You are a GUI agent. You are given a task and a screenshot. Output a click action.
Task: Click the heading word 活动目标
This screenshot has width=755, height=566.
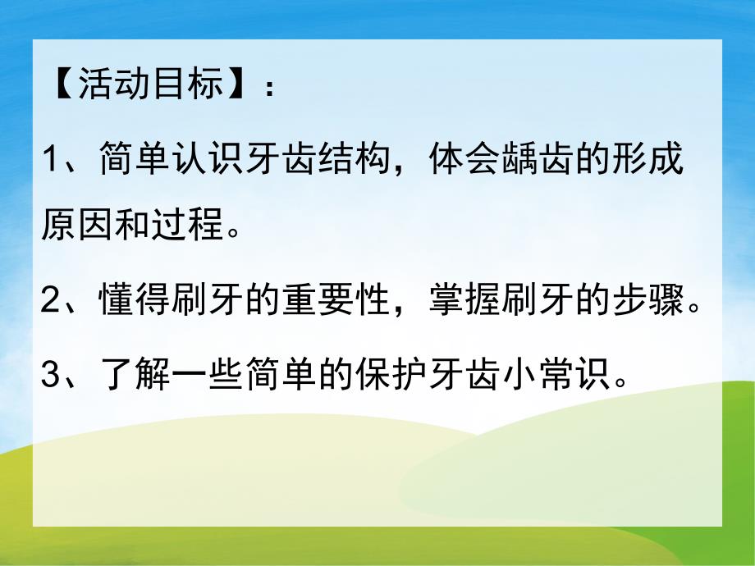[x=151, y=85]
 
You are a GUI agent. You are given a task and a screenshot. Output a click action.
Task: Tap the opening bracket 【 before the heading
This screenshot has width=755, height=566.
[x=59, y=85]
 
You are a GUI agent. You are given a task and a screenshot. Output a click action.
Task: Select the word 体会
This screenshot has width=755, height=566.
[x=465, y=159]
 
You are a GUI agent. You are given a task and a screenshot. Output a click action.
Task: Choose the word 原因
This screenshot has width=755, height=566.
[x=77, y=222]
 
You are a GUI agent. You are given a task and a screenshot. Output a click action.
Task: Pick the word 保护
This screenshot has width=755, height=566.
[x=393, y=377]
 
